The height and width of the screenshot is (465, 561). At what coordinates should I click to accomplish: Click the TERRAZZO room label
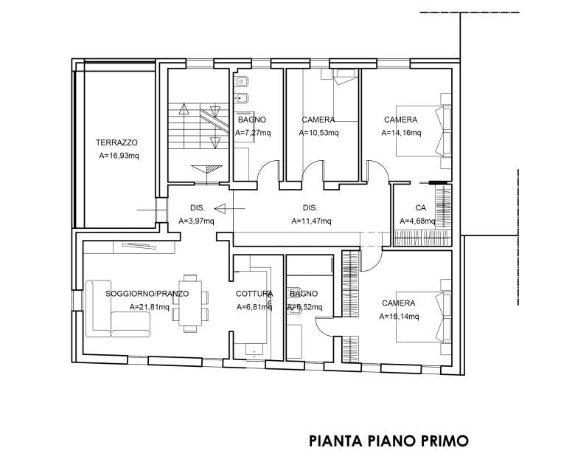[x=116, y=142]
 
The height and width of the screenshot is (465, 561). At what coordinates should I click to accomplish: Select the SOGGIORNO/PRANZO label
[x=147, y=293]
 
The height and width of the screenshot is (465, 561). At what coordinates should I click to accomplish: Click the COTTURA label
[x=254, y=293]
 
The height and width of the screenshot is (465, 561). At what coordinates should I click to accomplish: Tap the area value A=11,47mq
[x=311, y=221]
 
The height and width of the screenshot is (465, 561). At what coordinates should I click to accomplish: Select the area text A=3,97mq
[x=196, y=221]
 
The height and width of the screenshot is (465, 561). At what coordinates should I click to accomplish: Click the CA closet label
[x=421, y=207]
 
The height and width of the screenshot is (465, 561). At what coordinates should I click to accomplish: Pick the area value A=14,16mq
[x=401, y=134]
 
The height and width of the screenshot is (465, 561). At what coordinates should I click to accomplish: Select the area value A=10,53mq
[x=318, y=134]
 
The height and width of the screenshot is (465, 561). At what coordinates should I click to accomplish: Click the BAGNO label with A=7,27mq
[x=251, y=120]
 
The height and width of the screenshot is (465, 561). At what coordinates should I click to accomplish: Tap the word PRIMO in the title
[x=441, y=441]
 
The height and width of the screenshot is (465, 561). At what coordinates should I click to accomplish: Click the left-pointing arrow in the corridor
[x=213, y=209]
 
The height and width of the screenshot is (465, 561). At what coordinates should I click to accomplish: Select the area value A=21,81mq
[x=149, y=307]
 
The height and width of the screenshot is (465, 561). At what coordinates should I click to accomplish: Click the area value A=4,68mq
[x=417, y=221]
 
